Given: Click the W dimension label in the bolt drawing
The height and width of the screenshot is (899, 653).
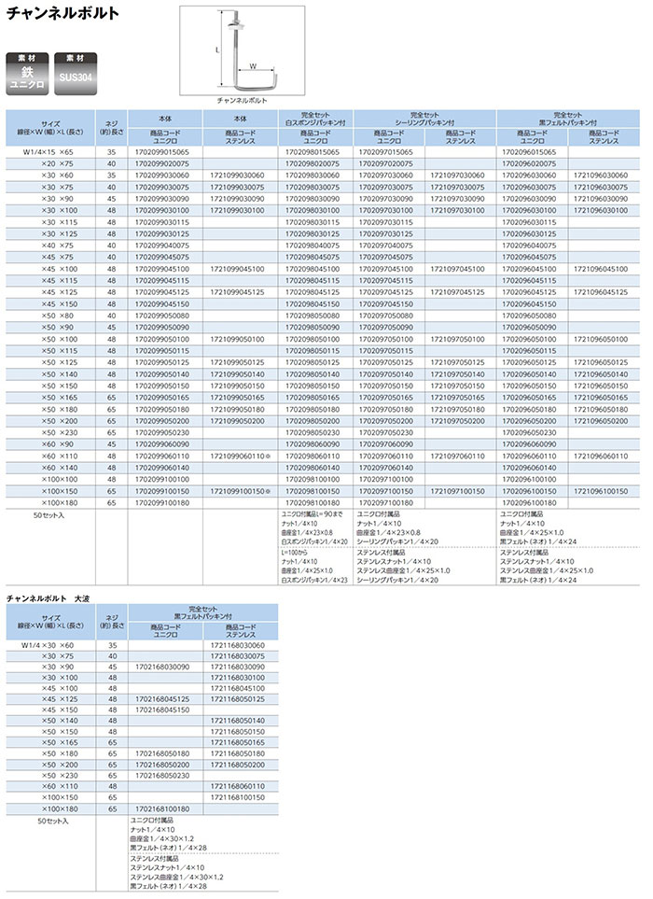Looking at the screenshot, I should click(253, 65).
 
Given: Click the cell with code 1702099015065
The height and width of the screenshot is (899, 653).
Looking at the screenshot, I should click(162, 151).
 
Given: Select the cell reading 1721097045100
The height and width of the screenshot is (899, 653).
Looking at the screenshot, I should click(460, 269).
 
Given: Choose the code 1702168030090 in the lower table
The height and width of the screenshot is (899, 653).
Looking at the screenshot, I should click(162, 668).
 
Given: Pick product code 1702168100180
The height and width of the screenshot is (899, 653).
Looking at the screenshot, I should click(162, 809).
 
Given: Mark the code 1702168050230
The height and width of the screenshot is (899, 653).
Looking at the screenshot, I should click(162, 774).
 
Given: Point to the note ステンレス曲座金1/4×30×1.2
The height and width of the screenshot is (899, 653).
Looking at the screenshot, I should click(177, 877).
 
